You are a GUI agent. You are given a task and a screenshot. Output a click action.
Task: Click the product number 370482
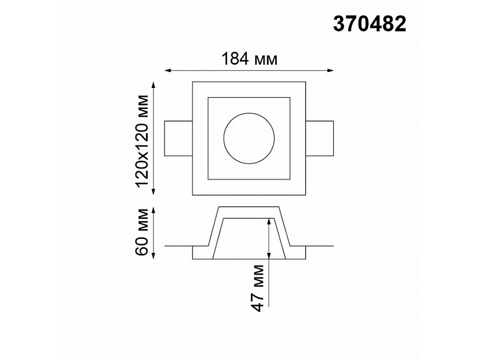click(x=370, y=24)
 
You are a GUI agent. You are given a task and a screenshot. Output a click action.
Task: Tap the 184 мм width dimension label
click(x=249, y=59)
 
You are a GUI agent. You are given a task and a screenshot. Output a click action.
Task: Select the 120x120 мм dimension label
click(x=142, y=141)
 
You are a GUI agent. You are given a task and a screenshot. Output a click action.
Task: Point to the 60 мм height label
click(x=142, y=232)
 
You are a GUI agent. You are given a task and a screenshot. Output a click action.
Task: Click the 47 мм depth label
click(x=257, y=288)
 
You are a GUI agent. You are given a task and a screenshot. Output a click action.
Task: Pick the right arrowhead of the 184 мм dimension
click(x=331, y=71)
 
